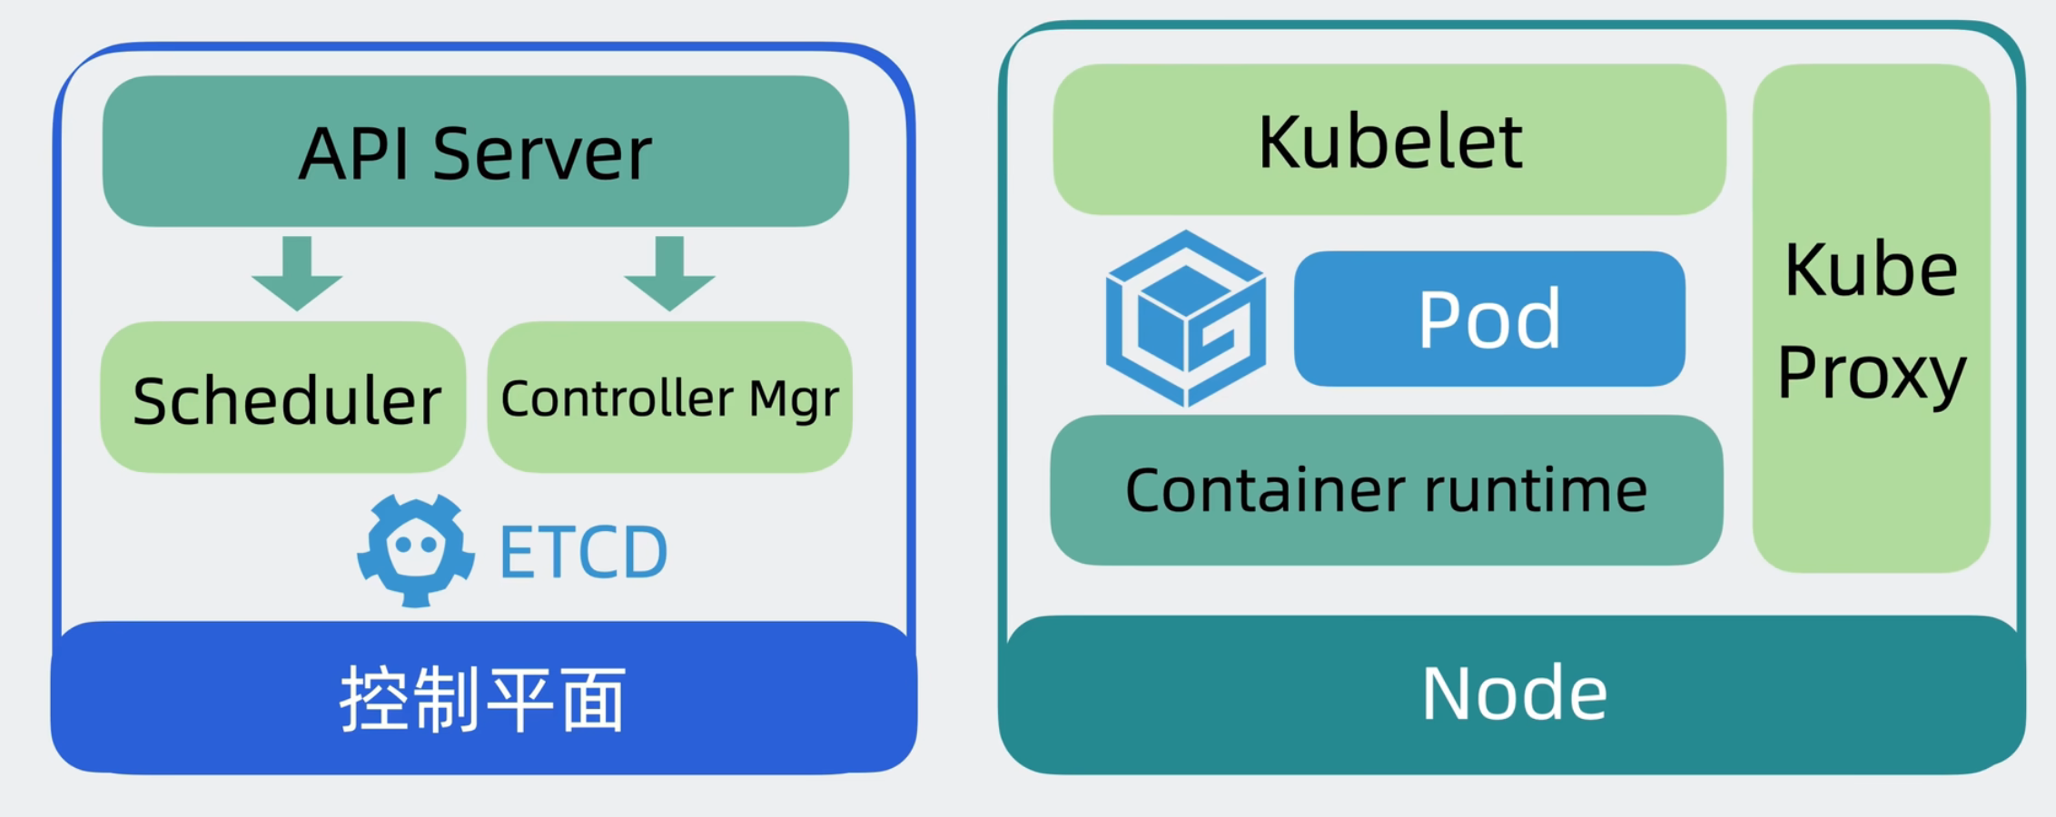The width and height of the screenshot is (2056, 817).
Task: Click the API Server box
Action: pyautogui.click(x=476, y=151)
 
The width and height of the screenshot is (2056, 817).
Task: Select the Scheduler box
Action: pyautogui.click(x=283, y=397)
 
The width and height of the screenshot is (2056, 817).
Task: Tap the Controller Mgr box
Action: pyautogui.click(x=670, y=397)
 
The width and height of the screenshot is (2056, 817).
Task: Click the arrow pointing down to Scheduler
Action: pyautogui.click(x=297, y=273)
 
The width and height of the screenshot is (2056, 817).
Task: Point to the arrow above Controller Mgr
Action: pyautogui.click(x=670, y=273)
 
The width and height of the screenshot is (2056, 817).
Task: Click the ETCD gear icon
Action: pyautogui.click(x=416, y=550)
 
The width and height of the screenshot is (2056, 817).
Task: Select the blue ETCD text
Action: pyautogui.click(x=584, y=552)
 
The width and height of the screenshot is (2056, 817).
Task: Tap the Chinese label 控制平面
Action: pyautogui.click(x=483, y=699)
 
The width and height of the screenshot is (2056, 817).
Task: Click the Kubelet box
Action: pyautogui.click(x=1389, y=139)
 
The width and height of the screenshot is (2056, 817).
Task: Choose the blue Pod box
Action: pyautogui.click(x=1489, y=319)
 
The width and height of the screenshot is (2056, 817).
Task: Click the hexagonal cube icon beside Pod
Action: pyautogui.click(x=1186, y=319)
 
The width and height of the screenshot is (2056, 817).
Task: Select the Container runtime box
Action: pyautogui.click(x=1387, y=490)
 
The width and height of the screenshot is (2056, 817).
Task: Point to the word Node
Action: pyautogui.click(x=1514, y=694)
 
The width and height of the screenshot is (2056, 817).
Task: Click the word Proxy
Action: pyautogui.click(x=1872, y=373)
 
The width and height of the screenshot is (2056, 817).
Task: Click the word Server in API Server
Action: pyautogui.click(x=542, y=153)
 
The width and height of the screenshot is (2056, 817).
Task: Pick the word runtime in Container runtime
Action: pyautogui.click(x=1536, y=490)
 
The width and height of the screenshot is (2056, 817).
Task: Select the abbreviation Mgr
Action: pyautogui.click(x=794, y=400)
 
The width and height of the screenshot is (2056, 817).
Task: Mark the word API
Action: pyautogui.click(x=355, y=153)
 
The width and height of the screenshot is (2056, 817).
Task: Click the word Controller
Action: pyautogui.click(x=618, y=398)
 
